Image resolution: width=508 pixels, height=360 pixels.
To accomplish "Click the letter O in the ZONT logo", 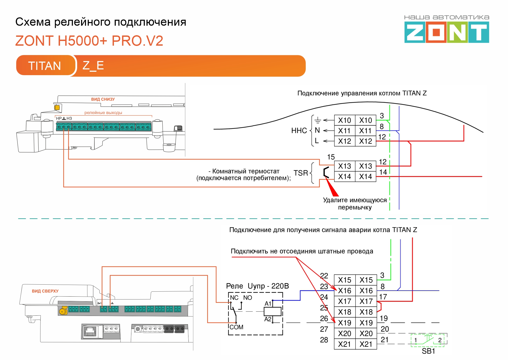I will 436,32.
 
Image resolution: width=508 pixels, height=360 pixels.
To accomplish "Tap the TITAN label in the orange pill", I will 45,66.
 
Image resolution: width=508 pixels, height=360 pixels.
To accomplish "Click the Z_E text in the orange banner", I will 93,65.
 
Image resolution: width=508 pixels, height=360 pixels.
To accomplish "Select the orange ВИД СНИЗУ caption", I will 103,99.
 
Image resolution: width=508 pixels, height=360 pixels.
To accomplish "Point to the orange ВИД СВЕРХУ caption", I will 45,291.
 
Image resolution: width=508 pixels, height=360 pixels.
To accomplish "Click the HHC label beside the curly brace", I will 299,131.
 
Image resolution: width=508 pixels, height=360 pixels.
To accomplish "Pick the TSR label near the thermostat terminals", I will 301,173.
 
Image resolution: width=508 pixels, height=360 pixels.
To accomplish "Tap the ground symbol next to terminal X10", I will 317,121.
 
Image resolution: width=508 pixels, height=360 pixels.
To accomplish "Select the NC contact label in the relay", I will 234,298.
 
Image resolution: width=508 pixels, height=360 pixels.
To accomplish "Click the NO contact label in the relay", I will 248,298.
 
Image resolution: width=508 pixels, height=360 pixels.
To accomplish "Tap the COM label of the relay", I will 236,327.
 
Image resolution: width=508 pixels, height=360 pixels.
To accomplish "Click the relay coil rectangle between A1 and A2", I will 272,311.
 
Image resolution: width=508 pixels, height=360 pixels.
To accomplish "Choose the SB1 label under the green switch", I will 428,351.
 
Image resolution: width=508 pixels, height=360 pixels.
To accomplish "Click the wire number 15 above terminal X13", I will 331,157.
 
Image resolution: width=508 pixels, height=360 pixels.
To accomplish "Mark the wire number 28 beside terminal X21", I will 324,340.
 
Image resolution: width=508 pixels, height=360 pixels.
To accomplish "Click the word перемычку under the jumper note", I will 355,208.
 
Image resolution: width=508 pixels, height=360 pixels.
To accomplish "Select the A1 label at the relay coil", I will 268,304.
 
